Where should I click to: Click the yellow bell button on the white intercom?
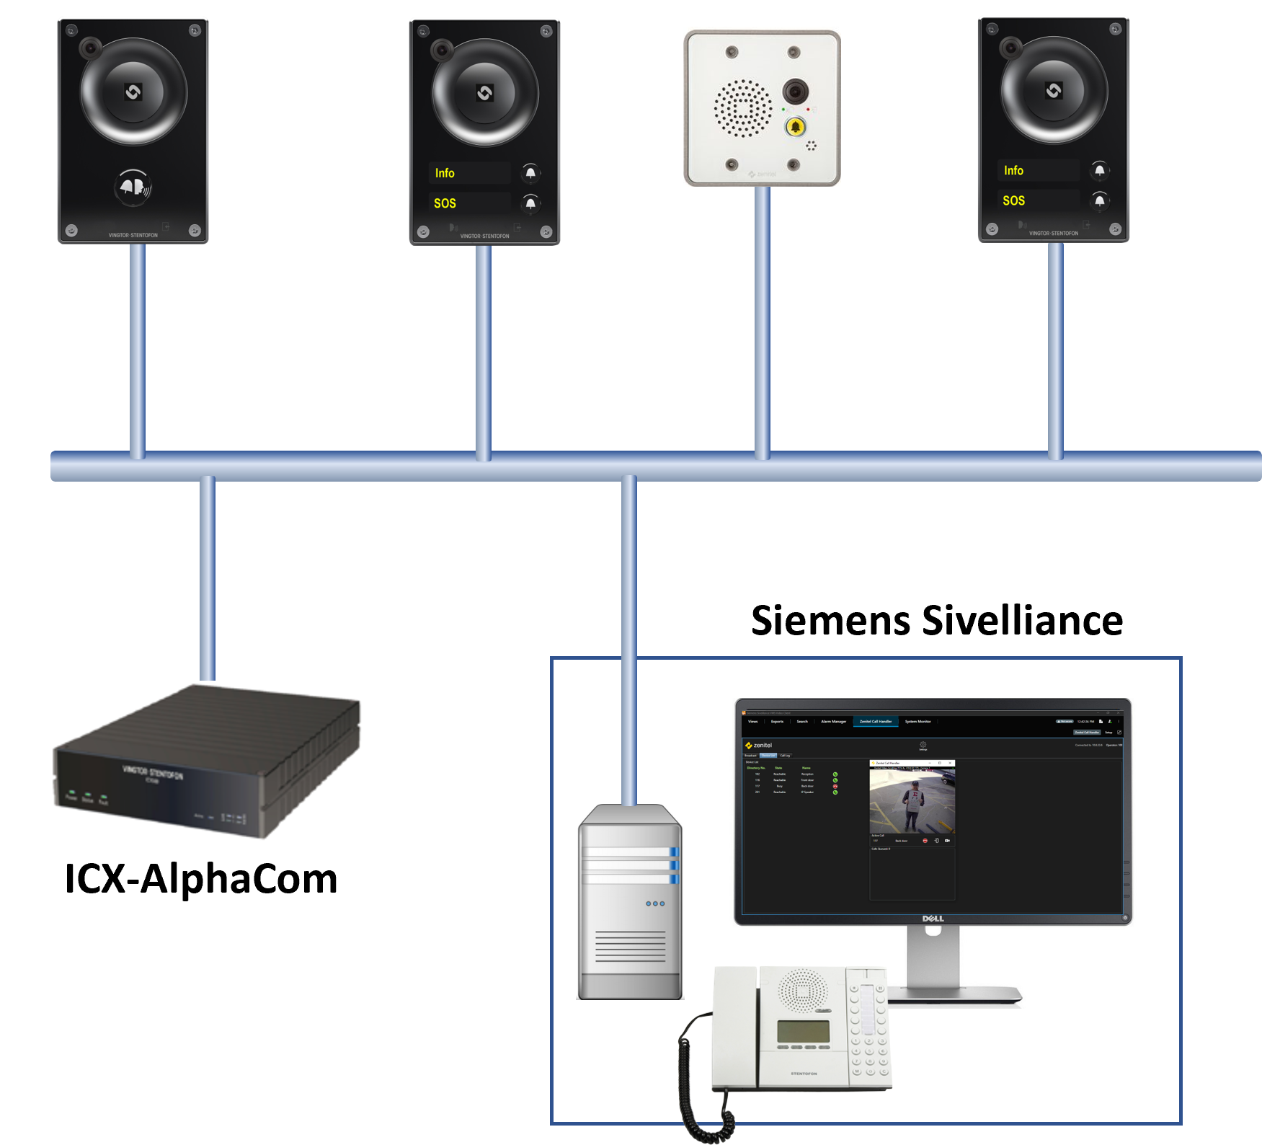tap(795, 127)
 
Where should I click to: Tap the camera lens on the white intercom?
tap(795, 91)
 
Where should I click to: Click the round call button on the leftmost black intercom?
tap(133, 187)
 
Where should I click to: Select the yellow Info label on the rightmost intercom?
tap(1013, 170)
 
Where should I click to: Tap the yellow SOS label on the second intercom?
tap(445, 203)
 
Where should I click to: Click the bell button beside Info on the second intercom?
tap(530, 173)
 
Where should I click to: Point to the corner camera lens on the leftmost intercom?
tap(90, 48)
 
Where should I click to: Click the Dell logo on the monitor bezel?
tap(933, 919)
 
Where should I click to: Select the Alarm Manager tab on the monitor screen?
tap(833, 721)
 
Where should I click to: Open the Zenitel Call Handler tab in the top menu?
tap(876, 721)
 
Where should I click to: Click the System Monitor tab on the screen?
tap(917, 721)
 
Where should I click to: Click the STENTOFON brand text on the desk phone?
tap(804, 1074)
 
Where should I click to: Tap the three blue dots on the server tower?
tap(655, 903)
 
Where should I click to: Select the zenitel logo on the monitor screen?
tap(759, 745)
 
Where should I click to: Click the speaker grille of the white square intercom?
tap(742, 108)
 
